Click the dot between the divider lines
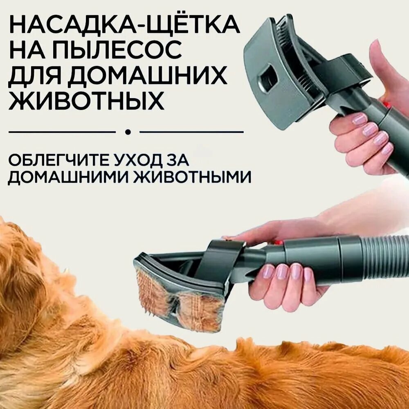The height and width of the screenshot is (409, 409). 128,132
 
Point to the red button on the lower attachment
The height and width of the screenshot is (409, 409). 279,243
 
